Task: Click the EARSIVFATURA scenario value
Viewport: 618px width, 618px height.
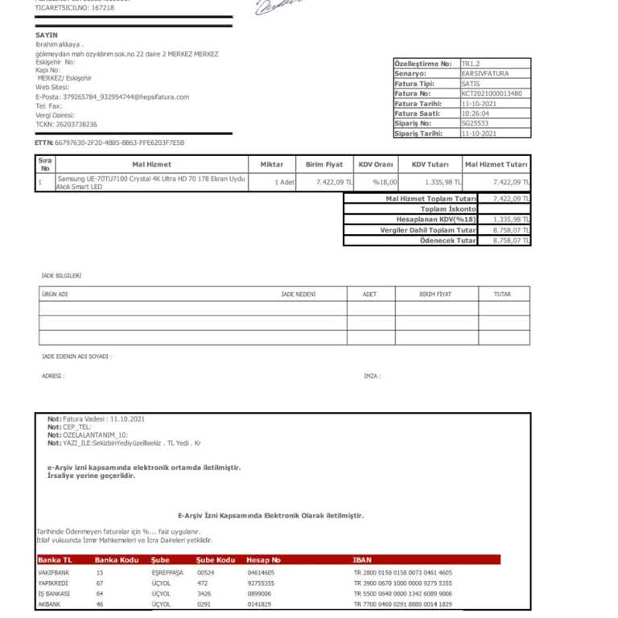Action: (x=484, y=73)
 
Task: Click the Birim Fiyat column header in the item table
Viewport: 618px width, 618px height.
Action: (x=323, y=164)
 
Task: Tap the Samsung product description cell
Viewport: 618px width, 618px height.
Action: (x=151, y=183)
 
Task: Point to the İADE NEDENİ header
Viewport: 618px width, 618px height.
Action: (x=298, y=295)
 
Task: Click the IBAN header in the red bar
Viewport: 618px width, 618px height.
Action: (x=362, y=559)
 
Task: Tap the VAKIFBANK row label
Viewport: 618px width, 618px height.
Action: (x=55, y=572)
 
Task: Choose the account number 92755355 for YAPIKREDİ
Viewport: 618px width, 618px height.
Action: (x=260, y=583)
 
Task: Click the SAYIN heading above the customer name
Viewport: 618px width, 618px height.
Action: (x=47, y=35)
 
